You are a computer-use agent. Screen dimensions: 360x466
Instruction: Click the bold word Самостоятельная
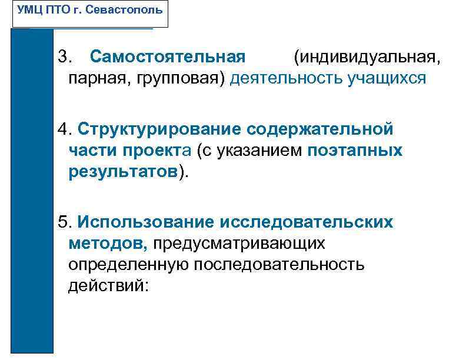point(168,58)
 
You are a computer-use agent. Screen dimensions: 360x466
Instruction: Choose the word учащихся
point(387,78)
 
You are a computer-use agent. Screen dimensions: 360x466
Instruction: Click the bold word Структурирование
point(158,129)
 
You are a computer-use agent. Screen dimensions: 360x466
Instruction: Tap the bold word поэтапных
point(355,150)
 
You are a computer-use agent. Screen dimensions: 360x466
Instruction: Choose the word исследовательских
point(307,222)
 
